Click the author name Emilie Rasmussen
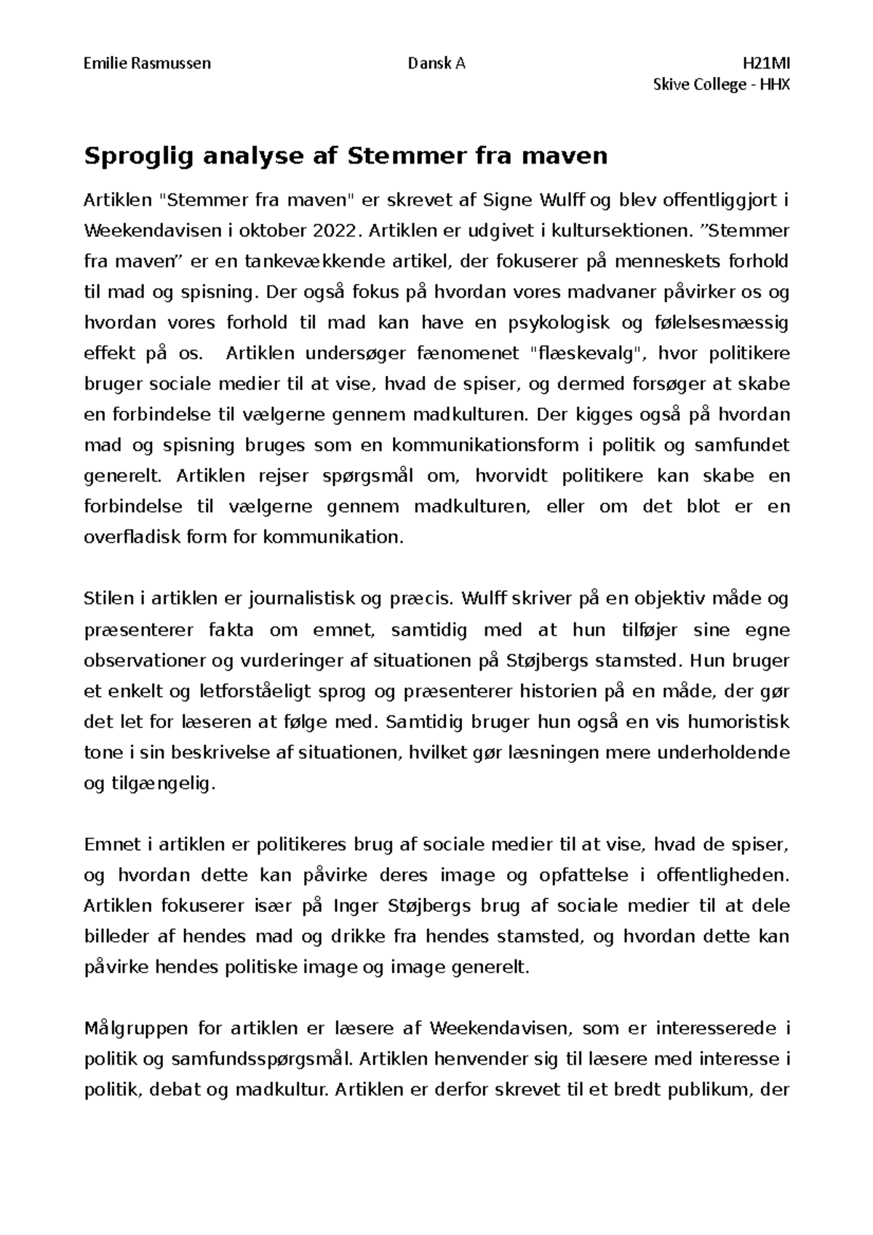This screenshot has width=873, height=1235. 148,63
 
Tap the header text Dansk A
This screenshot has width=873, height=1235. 436,63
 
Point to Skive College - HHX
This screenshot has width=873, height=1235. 722,85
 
